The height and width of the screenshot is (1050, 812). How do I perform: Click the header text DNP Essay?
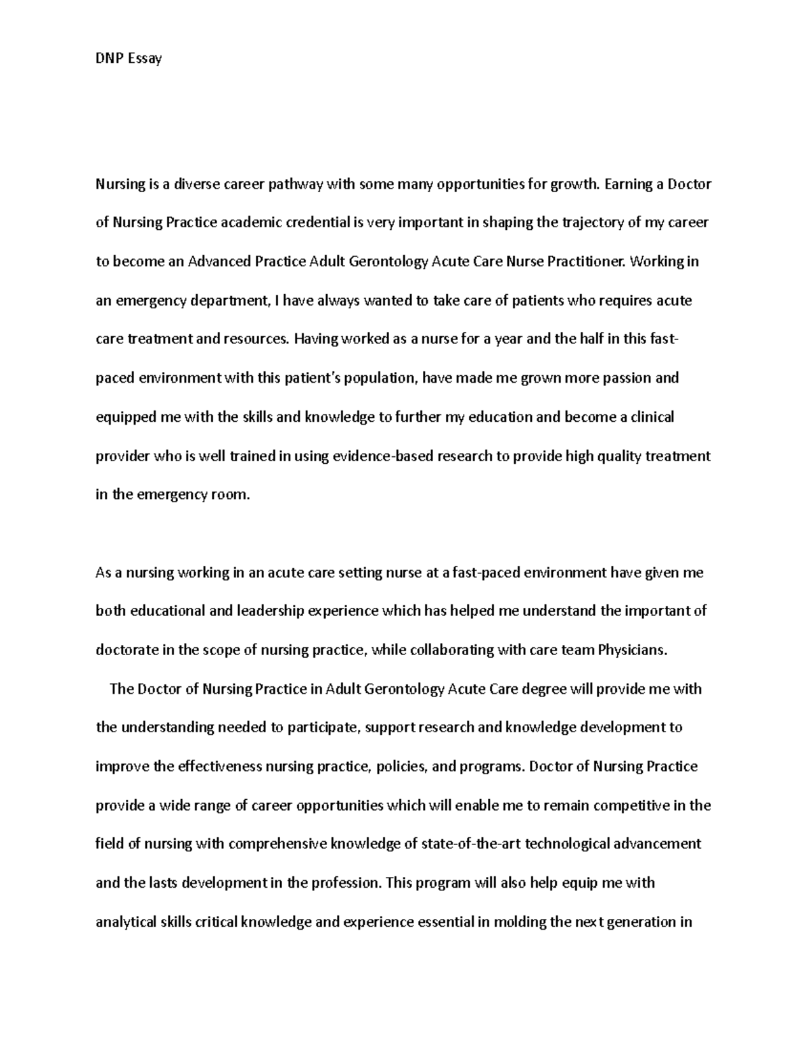pyautogui.click(x=129, y=58)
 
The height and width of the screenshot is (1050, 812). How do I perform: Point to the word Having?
pyautogui.click(x=315, y=339)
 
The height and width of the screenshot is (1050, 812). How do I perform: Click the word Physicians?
pyautogui.click(x=633, y=650)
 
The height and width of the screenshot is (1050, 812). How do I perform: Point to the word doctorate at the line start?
pyautogui.click(x=127, y=650)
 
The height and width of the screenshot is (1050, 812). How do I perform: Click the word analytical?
pyautogui.click(x=127, y=922)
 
